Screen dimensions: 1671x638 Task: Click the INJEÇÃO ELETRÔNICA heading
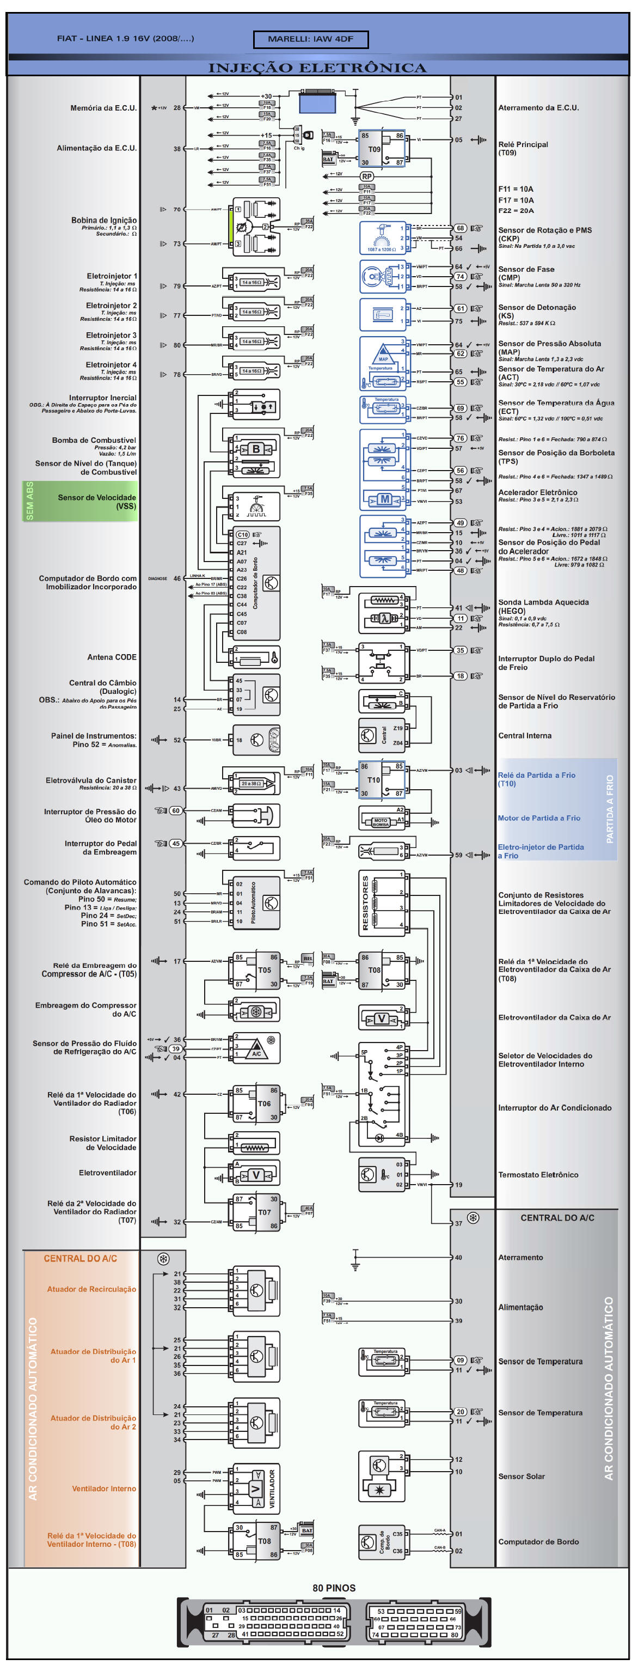pos(317,68)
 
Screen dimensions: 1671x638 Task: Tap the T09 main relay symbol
pos(381,149)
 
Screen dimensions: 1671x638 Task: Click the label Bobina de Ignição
pos(104,221)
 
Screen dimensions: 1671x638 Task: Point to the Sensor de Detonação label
pos(536,308)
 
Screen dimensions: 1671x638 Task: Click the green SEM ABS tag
pos(30,500)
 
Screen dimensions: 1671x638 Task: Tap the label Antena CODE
pos(112,657)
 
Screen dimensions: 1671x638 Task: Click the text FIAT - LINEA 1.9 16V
pos(125,38)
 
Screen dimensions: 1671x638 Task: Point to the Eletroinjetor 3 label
pos(111,336)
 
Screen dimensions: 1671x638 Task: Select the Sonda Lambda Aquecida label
pos(543,602)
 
